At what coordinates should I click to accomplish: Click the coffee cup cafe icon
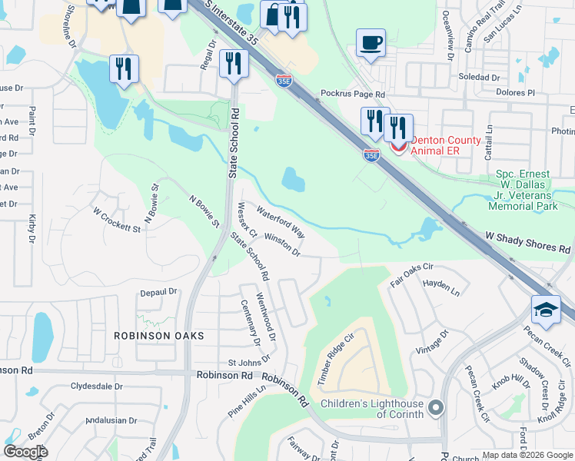click(371, 43)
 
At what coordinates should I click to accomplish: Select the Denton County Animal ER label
click(445, 145)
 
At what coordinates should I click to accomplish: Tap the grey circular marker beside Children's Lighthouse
click(437, 407)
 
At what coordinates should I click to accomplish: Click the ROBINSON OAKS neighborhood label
click(159, 336)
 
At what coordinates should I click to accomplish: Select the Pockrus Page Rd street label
click(352, 93)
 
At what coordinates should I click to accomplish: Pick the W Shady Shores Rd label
click(527, 243)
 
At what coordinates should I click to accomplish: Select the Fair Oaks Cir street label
click(412, 275)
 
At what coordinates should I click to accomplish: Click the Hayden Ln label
click(441, 288)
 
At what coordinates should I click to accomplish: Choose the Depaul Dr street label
click(158, 292)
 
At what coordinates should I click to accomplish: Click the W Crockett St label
click(117, 219)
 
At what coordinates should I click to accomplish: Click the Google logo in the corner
click(26, 453)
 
